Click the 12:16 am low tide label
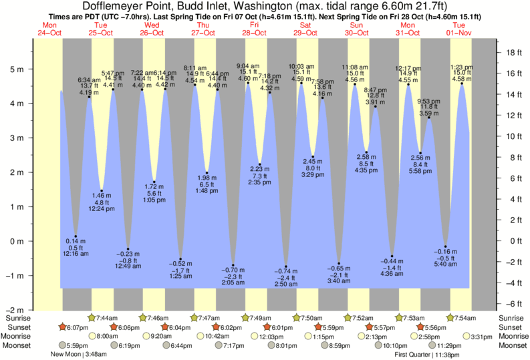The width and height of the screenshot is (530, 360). click(76, 254)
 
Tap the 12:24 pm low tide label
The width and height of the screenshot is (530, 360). click(102, 210)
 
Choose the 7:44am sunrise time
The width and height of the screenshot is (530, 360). click(107, 317)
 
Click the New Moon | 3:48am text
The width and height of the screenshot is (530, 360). click(78, 355)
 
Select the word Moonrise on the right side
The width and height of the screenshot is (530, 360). click(512, 336)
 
